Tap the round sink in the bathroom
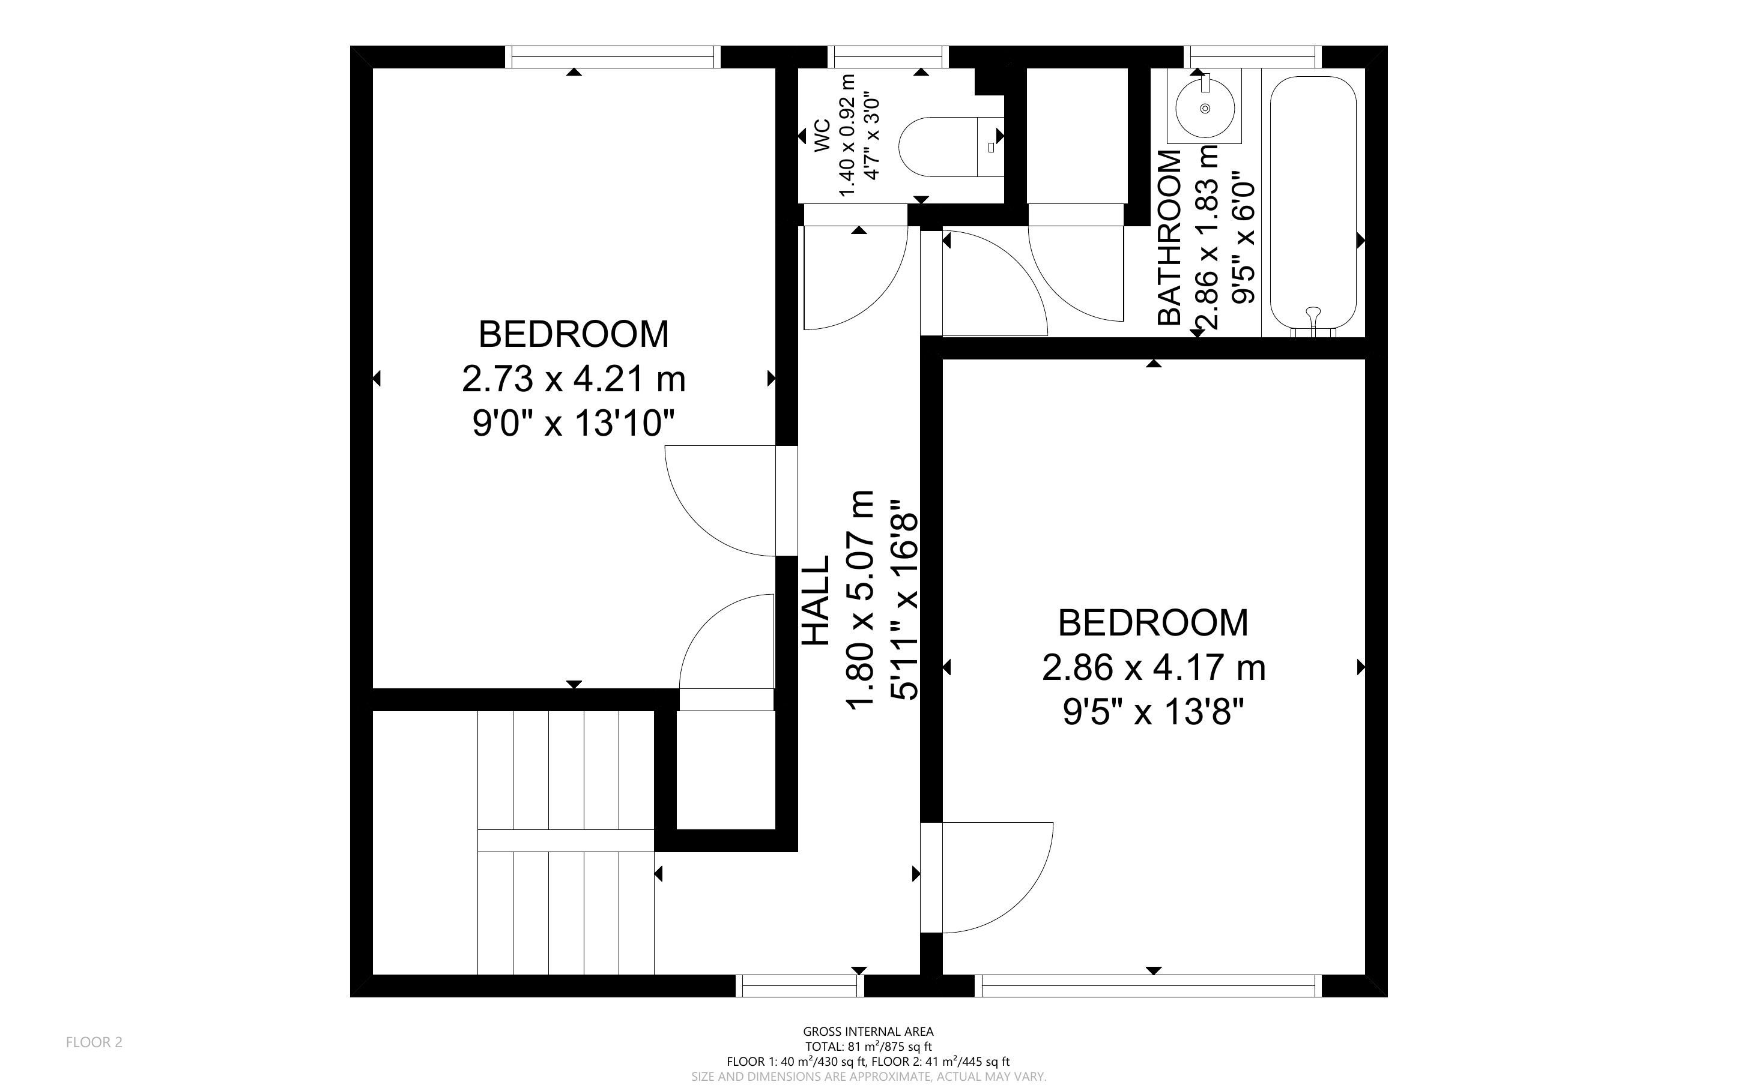tap(1205, 107)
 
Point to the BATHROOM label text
tap(1169, 238)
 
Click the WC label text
tap(822, 136)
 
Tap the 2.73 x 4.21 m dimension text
tap(574, 379)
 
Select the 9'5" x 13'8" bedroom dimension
tap(1153, 712)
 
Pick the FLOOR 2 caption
tap(94, 1042)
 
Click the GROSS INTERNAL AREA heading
tap(868, 1032)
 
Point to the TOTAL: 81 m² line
tap(868, 1047)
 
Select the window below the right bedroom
tap(1151, 986)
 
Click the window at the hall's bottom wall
tap(800, 986)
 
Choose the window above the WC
tap(888, 56)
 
